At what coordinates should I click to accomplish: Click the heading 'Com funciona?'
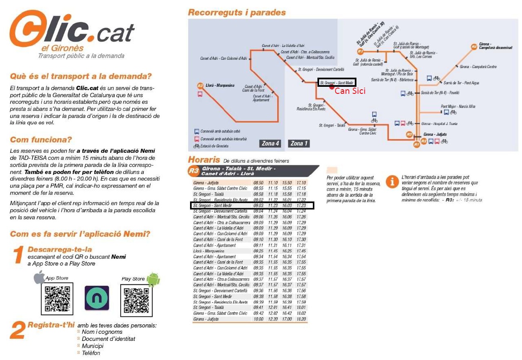(41, 140)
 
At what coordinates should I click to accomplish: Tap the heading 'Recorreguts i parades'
(237, 12)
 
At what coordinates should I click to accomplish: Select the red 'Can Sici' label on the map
(350, 91)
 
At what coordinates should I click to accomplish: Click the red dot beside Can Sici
(331, 87)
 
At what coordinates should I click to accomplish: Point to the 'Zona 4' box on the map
(271, 143)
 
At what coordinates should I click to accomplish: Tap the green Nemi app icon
(97, 298)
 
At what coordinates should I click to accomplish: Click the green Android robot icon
(153, 279)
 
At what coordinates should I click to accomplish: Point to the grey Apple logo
(39, 277)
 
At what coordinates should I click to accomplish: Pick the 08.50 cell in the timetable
(259, 183)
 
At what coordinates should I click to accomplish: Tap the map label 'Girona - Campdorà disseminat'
(495, 46)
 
